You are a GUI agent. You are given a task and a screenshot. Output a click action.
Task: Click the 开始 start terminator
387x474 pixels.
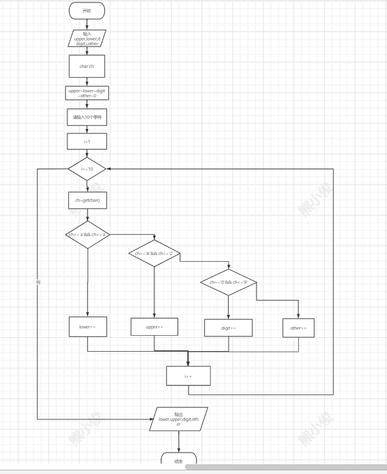coord(87,10)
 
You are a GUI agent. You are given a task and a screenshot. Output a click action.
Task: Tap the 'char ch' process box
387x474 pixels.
coord(87,66)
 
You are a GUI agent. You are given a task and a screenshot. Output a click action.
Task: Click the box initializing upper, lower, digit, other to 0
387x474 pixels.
coord(87,93)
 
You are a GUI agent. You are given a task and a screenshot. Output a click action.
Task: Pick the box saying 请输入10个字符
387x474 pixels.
coord(87,117)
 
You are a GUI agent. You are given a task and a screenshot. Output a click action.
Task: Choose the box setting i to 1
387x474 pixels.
coord(87,141)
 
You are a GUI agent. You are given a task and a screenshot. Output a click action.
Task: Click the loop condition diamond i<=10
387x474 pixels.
coord(87,169)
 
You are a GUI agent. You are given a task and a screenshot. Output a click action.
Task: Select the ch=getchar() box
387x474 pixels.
coord(87,201)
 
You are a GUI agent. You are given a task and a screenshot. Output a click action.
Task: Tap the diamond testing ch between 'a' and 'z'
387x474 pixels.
coord(87,234)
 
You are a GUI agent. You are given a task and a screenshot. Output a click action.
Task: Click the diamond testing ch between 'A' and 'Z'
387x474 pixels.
coord(154,253)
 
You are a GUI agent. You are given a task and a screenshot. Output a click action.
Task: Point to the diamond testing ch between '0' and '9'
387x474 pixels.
coord(228,282)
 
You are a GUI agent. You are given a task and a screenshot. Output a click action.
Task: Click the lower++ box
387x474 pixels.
coord(87,327)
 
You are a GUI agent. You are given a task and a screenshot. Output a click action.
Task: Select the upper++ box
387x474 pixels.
coord(154,327)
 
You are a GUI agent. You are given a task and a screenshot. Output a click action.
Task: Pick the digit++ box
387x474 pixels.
coord(228,328)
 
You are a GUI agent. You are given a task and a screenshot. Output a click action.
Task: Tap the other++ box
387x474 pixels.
coord(298,328)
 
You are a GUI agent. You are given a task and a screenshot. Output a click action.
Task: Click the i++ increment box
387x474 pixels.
coord(188,376)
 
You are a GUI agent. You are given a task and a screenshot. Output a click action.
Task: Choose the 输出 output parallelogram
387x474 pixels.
coord(179,419)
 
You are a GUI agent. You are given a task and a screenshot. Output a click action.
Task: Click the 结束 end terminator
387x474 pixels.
coord(179,460)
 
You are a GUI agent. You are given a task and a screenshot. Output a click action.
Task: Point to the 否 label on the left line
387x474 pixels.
coord(38,282)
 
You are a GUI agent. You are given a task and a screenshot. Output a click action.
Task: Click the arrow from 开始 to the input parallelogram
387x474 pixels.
coord(87,23)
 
